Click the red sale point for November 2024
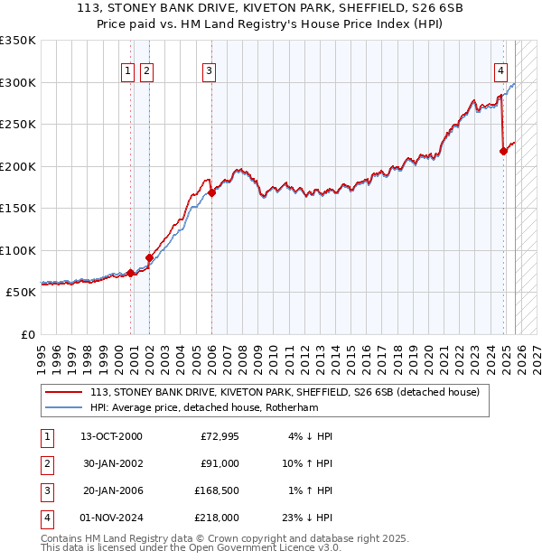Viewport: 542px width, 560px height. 504,152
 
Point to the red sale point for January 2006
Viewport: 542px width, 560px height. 211,192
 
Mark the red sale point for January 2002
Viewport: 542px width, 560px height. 149,258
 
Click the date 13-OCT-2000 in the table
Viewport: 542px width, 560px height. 111,436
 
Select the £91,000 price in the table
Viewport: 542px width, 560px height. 220,463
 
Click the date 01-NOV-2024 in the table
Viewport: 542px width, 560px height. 111,518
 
